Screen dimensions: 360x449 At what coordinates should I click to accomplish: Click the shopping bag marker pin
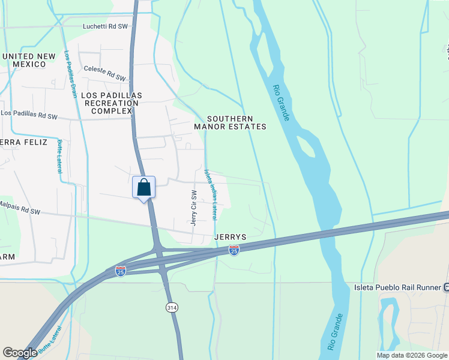coord(143,188)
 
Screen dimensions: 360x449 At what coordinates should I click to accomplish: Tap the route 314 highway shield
coord(171,307)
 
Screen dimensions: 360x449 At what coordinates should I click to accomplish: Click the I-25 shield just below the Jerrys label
coord(234,250)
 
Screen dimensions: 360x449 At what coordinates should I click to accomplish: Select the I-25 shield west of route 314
coord(121,271)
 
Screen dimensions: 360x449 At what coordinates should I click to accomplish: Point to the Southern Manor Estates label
coord(230,122)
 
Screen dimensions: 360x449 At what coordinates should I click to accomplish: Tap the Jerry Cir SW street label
coord(194,208)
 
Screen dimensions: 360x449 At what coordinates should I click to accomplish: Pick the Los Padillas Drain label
coord(70,74)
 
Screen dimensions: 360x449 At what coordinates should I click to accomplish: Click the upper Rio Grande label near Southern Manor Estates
coord(282,103)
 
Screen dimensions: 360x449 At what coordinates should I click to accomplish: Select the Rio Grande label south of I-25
coord(336,331)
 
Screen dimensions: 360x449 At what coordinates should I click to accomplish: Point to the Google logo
coord(20,353)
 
